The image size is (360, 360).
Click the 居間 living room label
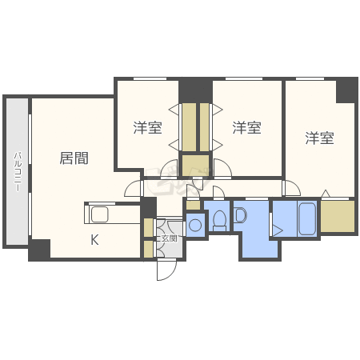point(74,158)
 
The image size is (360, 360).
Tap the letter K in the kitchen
point(94,239)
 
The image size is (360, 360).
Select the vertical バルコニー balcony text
point(18,171)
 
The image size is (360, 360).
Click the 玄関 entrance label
point(170,238)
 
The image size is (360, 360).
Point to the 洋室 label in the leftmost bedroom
point(147,127)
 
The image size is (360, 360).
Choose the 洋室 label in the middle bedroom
point(246,127)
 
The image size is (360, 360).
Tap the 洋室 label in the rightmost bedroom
point(319,138)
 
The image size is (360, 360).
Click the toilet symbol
point(220,220)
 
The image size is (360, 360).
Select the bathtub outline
point(307,219)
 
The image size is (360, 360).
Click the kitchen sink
point(100,214)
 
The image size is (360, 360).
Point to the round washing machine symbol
point(195,225)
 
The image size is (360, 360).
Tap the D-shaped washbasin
point(240,215)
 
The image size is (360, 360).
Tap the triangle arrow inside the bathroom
point(278,230)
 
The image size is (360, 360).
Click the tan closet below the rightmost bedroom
point(338,216)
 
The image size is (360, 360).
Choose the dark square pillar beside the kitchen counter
point(148,208)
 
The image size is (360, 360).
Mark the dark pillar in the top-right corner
point(346,90)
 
